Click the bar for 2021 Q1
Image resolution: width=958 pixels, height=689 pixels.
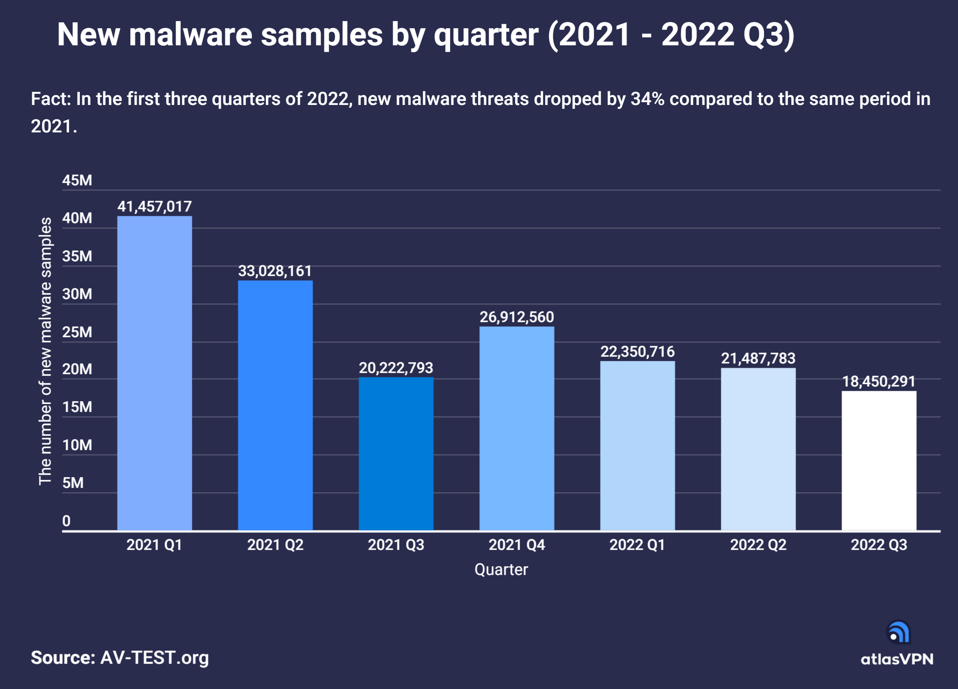154,373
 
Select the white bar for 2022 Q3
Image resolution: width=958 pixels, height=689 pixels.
879,460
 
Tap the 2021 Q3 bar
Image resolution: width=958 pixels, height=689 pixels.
396,453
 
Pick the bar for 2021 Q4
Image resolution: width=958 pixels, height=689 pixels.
517,428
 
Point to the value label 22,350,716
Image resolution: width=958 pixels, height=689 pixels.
637,352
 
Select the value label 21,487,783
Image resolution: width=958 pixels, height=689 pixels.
758,359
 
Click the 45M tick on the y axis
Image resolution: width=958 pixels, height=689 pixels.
77,180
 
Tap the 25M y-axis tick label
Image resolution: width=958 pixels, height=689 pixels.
77,332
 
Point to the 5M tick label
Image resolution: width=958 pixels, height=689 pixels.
73,483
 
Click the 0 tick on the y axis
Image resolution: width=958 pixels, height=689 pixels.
66,521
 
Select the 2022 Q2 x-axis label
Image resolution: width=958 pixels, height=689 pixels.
758,545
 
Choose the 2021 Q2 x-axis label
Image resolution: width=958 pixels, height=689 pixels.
275,545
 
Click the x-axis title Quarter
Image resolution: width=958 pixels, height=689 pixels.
501,570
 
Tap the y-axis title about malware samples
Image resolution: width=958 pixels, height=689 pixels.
45,351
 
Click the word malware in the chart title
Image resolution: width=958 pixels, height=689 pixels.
190,35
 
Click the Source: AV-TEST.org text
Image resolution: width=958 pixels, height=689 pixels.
120,658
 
